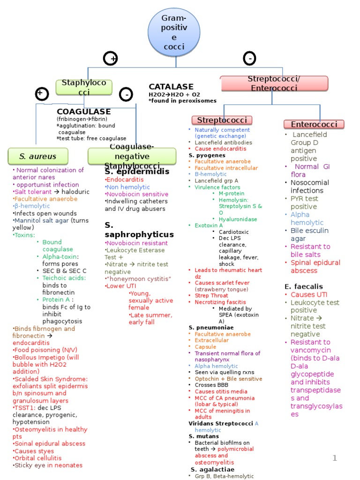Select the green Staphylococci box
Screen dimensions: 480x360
(x=84, y=87)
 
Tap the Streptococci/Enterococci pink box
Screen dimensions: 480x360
(x=274, y=83)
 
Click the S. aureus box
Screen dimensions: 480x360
(x=38, y=156)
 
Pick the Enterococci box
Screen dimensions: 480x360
(x=314, y=124)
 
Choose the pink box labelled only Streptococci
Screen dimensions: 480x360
(x=222, y=120)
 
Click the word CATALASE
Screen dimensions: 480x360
(x=171, y=87)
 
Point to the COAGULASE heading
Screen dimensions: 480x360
(x=83, y=112)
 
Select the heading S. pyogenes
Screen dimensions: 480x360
(x=207, y=155)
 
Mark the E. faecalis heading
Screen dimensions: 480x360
(x=304, y=286)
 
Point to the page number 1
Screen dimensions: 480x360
(x=335, y=458)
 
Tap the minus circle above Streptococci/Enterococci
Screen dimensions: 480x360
(x=249, y=58)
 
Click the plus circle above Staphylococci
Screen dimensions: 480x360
(x=111, y=59)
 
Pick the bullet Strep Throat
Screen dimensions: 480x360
(x=211, y=296)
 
